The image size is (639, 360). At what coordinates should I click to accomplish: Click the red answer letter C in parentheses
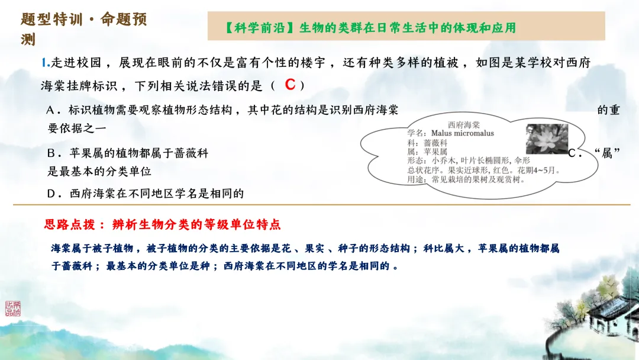[x=290, y=85]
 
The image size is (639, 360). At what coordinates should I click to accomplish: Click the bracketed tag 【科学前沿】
[x=259, y=28]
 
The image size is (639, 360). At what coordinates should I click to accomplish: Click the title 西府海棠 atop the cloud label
[x=464, y=124]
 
